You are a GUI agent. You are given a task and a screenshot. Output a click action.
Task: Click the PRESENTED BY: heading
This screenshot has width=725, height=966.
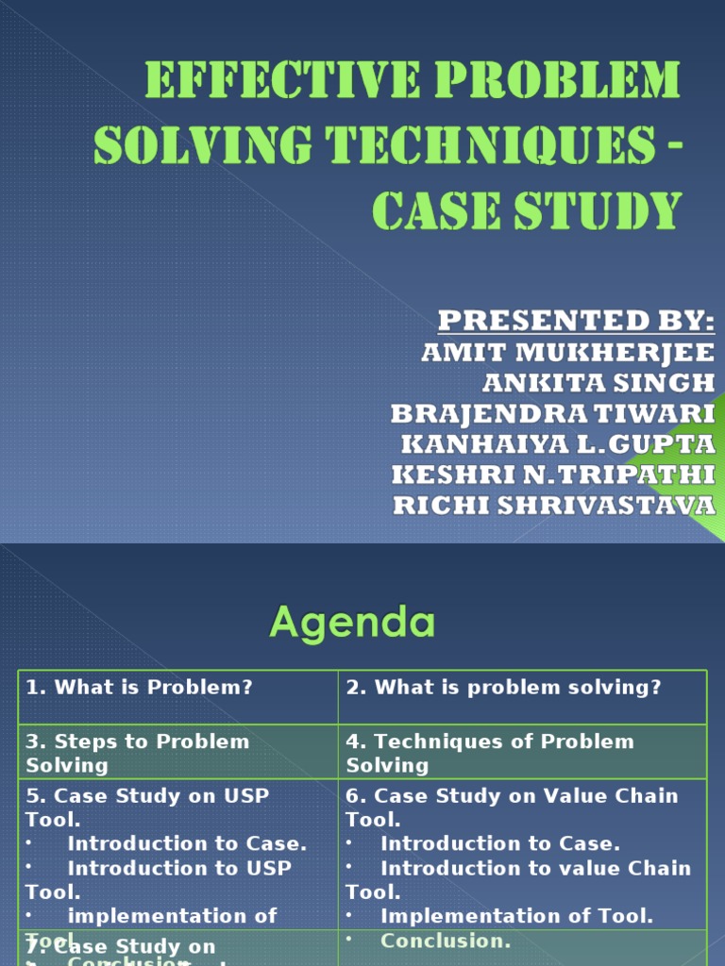[576, 322]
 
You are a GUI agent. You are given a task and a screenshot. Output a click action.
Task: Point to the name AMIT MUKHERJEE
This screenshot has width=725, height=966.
[567, 353]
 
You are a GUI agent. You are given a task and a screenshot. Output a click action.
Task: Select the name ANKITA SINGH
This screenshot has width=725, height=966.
[599, 383]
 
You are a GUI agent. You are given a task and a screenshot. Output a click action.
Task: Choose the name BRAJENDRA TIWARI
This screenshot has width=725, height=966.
[553, 414]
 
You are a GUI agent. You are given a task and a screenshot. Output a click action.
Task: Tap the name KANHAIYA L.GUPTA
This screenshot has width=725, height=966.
[558, 444]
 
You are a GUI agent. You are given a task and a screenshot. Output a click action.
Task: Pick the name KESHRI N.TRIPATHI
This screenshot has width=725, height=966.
[554, 475]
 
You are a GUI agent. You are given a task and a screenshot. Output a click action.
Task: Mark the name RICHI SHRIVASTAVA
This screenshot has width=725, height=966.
[554, 506]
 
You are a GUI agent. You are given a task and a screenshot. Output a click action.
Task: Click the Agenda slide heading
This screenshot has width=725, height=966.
[353, 623]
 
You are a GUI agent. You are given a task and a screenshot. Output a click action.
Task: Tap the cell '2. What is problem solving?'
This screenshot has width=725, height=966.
[504, 688]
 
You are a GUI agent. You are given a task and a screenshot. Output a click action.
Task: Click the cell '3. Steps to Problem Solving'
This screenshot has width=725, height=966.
[138, 753]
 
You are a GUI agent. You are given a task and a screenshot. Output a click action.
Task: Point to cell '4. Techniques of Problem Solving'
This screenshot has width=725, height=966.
[490, 753]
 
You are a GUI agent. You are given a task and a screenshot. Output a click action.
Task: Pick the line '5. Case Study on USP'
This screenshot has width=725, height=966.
[147, 796]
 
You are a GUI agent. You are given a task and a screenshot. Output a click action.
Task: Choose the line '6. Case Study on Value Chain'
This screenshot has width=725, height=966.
[512, 796]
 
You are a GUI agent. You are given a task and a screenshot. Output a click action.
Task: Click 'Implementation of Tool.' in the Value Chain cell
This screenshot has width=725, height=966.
[516, 916]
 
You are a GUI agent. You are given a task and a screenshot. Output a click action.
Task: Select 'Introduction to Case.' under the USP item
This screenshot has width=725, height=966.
[187, 844]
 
